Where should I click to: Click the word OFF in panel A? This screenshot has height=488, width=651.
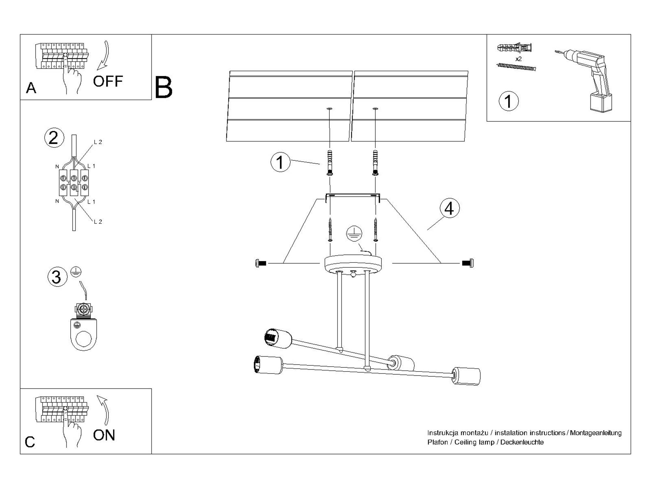[x=108, y=81]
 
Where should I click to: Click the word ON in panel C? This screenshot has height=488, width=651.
[x=104, y=435]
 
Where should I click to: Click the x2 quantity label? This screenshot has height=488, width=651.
[x=519, y=59]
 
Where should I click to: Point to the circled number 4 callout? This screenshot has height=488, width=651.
[x=449, y=208]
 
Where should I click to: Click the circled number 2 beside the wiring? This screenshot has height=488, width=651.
[x=54, y=138]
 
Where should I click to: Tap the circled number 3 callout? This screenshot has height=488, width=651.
[x=57, y=277]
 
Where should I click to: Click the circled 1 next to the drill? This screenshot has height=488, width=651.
[x=508, y=101]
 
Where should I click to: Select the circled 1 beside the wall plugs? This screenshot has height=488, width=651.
[x=280, y=162]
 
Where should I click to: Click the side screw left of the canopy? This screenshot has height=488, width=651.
[x=261, y=263]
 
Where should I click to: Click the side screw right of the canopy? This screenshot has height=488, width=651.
[x=468, y=263]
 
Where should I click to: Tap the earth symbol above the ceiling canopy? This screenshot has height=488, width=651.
[x=354, y=234]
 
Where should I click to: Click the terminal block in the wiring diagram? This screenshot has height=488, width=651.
[x=74, y=183]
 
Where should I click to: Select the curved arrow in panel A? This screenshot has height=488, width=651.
[x=104, y=55]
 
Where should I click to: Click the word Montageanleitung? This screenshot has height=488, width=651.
[x=595, y=433]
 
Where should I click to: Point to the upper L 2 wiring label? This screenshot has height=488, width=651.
[x=98, y=142]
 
